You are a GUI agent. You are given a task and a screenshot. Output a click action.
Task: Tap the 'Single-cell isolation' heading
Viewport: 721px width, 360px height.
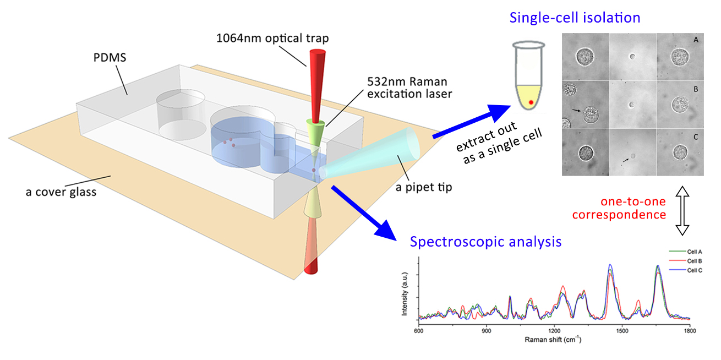575,18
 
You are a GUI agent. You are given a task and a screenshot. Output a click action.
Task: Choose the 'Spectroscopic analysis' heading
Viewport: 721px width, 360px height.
486,241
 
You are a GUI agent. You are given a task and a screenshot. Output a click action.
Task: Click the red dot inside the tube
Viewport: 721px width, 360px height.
531,102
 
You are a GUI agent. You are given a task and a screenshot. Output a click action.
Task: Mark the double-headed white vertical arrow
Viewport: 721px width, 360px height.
682,211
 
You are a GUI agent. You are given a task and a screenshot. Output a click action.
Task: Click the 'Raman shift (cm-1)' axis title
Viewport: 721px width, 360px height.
554,340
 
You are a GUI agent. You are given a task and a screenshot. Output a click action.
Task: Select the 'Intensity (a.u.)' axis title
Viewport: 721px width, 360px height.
405,292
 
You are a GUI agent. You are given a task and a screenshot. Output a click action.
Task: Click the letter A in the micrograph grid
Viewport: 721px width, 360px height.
696,40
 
